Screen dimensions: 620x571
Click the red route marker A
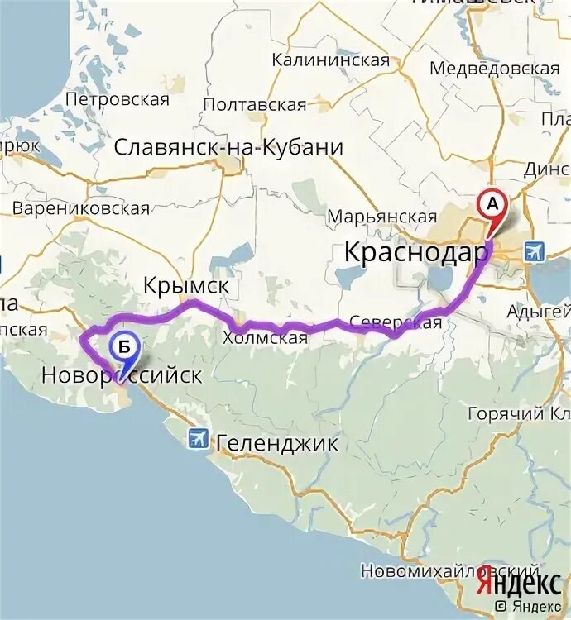click(492, 203)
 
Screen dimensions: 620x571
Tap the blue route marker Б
click(123, 348)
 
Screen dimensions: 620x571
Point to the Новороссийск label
click(122, 376)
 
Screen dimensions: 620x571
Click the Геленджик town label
click(277, 444)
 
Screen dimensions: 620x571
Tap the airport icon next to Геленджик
click(198, 437)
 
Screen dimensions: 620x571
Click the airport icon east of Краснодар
click(535, 250)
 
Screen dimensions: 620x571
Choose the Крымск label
click(185, 286)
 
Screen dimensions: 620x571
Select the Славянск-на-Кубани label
click(228, 148)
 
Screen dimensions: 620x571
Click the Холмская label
click(265, 337)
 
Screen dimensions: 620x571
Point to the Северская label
click(396, 322)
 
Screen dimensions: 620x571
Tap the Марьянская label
click(381, 217)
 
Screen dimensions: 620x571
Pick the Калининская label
click(330, 60)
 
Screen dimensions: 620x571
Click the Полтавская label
click(254, 104)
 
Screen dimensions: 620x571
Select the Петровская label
click(118, 100)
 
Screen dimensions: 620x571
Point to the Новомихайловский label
click(450, 571)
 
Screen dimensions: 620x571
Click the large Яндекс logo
click(518, 584)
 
